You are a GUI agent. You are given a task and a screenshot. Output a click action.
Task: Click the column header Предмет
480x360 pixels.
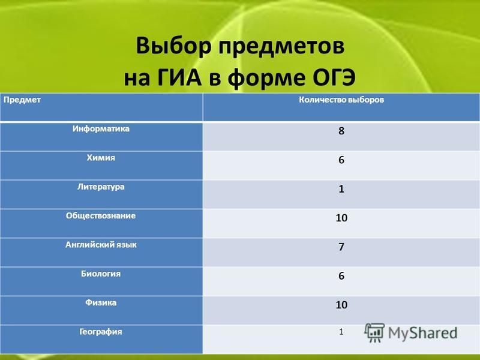pos(22,100)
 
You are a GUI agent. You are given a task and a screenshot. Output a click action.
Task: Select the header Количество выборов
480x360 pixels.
pos(341,100)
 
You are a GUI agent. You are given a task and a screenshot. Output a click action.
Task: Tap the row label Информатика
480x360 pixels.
pos(101,129)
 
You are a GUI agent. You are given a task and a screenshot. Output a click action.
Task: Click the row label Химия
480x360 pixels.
pos(101,158)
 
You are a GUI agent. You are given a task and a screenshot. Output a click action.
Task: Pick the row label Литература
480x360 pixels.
pos(101,187)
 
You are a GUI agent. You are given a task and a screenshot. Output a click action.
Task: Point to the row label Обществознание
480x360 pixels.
pos(101,215)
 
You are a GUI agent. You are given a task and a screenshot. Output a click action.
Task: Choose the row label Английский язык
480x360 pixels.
pos(101,245)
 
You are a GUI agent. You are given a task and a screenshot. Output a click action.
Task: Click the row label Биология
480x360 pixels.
pos(101,274)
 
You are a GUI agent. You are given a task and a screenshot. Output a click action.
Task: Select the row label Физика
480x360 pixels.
pos(101,303)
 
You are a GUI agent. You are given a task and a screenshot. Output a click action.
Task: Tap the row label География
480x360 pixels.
pos(101,332)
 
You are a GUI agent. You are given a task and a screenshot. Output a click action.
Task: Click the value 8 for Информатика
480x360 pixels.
pos(341,131)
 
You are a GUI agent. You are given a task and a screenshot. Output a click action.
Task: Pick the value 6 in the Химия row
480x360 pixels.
pos(341,160)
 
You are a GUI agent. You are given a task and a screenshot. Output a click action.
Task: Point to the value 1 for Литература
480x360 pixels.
pos(341,189)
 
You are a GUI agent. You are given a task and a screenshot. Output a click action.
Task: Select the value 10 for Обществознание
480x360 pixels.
pos(341,218)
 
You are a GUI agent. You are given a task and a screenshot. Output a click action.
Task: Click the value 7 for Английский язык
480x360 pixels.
pos(341,247)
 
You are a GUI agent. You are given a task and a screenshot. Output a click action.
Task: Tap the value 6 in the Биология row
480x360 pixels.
pos(341,276)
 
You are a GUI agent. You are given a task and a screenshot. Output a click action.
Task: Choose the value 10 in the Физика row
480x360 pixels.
pos(341,305)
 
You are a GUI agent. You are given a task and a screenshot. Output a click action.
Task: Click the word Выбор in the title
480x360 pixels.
pos(173,46)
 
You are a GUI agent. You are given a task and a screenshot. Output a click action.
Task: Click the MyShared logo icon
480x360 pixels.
pos(374,332)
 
